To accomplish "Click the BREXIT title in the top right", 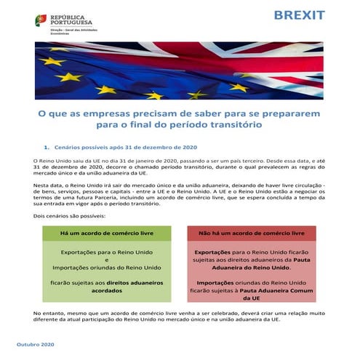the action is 300,16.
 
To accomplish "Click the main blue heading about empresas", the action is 180,119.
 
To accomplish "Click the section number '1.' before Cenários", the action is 47,146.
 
